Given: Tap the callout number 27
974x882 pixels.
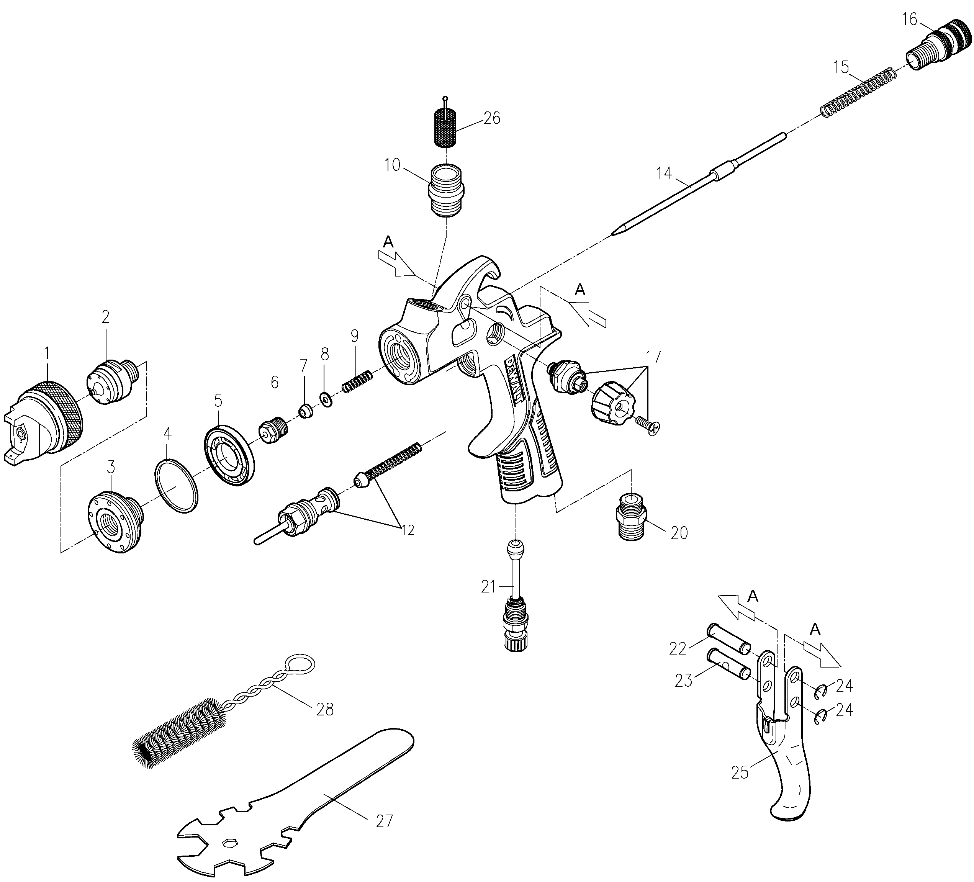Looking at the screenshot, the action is point(385,821).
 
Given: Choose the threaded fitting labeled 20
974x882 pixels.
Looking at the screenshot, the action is point(632,517).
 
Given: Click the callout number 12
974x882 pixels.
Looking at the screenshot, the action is point(408,530).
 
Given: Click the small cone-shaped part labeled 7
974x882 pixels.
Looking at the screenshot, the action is point(305,412).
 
